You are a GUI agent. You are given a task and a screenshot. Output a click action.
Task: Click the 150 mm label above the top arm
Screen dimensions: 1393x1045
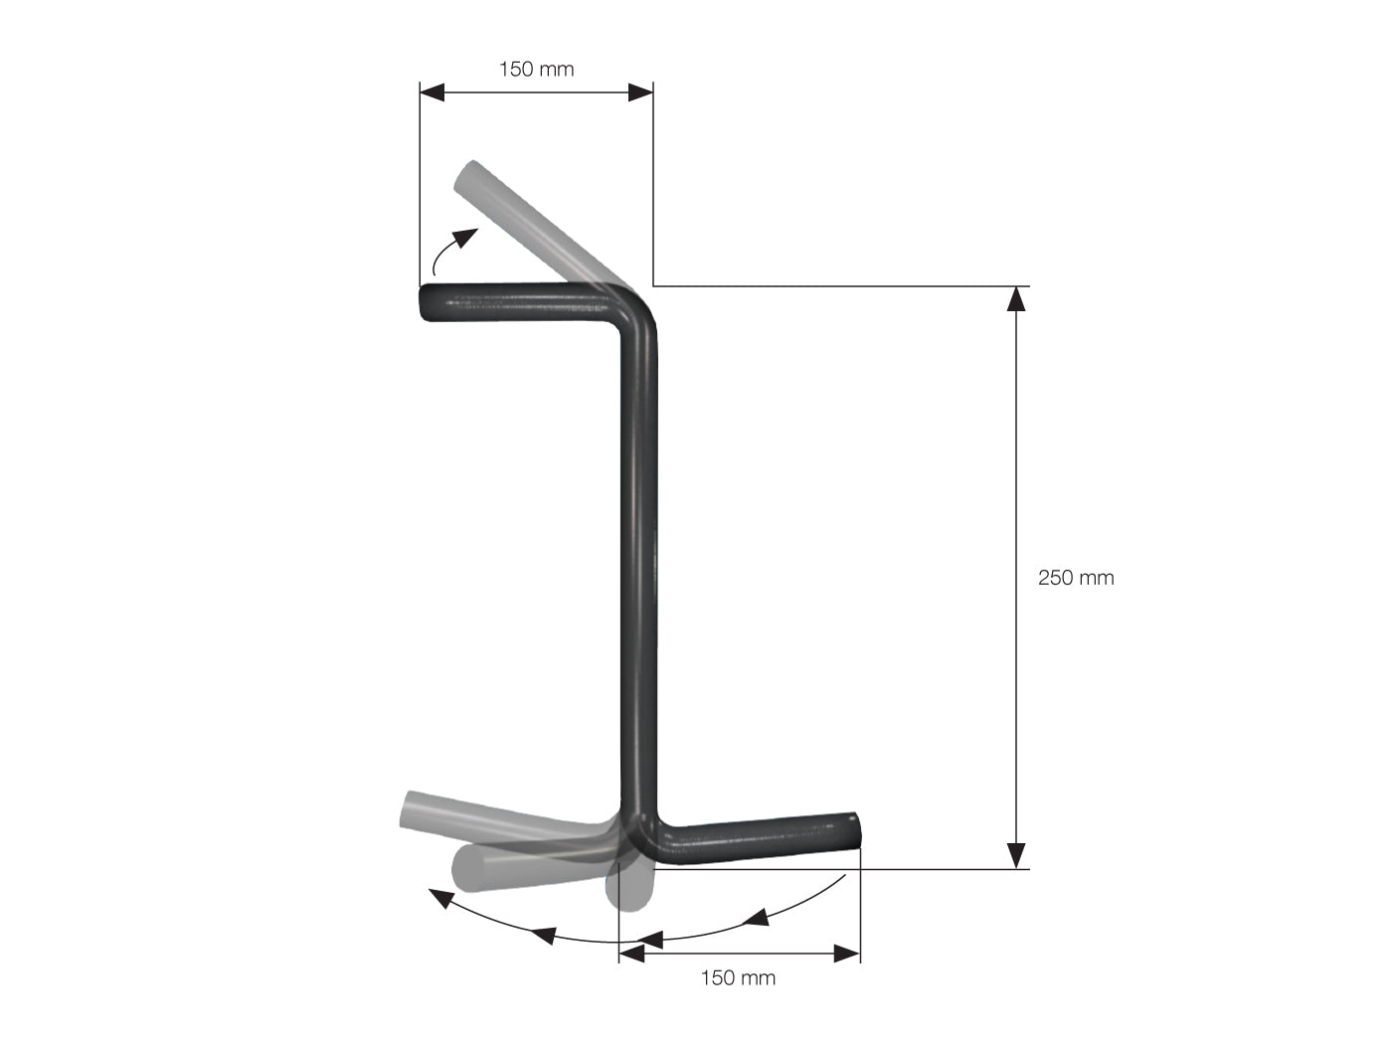[x=536, y=70]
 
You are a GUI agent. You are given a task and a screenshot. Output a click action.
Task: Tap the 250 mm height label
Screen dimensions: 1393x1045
[x=1076, y=578]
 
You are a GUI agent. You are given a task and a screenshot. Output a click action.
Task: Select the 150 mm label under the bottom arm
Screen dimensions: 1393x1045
[x=738, y=977]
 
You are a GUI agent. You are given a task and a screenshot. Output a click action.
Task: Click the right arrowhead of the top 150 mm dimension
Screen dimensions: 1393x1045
[x=640, y=92]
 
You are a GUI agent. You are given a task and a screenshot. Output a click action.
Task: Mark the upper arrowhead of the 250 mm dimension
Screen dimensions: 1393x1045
[x=1016, y=299]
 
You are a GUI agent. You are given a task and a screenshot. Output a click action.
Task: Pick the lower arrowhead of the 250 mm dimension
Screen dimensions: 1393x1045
[x=1016, y=856]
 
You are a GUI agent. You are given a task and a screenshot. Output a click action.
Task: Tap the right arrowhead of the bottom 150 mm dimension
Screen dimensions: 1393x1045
[x=847, y=953]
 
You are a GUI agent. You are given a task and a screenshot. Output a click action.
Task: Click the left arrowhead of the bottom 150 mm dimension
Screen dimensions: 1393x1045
[x=632, y=953]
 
